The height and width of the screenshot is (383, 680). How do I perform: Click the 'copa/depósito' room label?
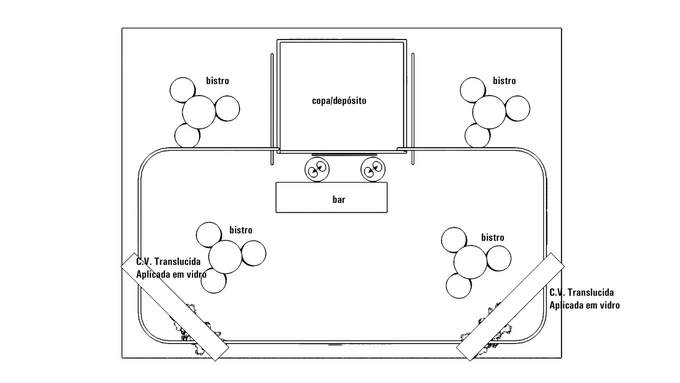tap(339, 101)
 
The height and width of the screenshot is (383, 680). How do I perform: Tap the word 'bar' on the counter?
tap(339, 199)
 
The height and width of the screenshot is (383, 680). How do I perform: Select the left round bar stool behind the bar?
tap(317, 169)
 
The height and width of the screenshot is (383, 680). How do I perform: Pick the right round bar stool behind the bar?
tap(373, 169)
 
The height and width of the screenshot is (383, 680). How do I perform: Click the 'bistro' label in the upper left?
tap(218, 81)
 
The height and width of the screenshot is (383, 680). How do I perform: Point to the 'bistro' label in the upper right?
tap(504, 81)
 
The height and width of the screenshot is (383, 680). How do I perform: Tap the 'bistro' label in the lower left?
tap(241, 230)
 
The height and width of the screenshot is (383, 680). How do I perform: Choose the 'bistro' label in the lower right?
tap(493, 237)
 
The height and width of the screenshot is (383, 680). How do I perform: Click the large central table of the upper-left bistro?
tap(199, 112)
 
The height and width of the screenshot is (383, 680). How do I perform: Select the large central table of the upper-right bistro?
tap(489, 112)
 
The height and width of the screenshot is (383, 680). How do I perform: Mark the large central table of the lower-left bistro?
tap(225, 257)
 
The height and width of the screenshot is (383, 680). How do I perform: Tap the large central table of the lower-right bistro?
tap(470, 262)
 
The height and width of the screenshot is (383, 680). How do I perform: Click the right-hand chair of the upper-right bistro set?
tap(518, 108)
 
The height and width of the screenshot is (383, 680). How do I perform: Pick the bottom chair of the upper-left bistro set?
tap(187, 136)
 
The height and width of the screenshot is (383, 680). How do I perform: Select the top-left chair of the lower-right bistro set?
tap(454, 240)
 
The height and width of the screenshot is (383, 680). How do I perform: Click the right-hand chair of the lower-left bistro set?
tap(254, 254)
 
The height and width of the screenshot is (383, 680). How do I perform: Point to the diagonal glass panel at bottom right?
tap(510, 307)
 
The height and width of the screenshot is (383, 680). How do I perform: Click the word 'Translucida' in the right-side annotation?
tap(591, 292)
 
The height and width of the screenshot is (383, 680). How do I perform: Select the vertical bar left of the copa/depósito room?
tap(272, 109)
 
